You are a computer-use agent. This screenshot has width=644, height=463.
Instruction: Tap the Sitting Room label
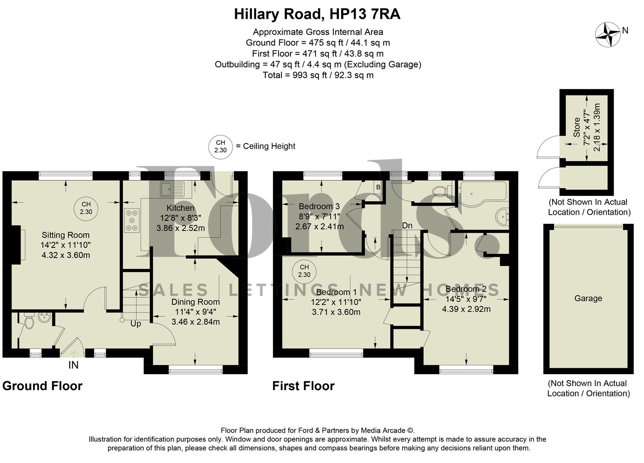point(66,235)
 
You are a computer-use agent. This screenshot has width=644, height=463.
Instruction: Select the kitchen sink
point(172,189)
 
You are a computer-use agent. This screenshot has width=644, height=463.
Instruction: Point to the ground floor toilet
point(29,322)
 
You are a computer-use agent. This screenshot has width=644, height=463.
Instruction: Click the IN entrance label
point(73,365)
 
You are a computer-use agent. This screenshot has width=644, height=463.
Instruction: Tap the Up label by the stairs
point(136,324)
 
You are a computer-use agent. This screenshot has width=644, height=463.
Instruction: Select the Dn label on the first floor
point(407,225)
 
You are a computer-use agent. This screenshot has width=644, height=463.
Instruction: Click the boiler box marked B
point(378,187)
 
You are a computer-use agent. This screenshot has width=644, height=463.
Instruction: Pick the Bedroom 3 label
point(319,207)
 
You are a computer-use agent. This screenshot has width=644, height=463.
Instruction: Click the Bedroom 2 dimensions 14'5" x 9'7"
point(466,299)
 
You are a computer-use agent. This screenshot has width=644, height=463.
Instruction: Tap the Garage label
point(588,298)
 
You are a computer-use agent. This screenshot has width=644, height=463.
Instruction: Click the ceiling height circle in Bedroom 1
point(304,271)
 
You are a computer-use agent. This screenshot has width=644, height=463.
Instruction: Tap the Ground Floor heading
point(42,386)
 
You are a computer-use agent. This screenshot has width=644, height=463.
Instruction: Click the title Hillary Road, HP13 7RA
point(317,14)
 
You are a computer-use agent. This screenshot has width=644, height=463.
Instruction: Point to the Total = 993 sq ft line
point(318,75)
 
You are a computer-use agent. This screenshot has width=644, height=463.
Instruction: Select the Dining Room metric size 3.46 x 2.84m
point(196,322)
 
